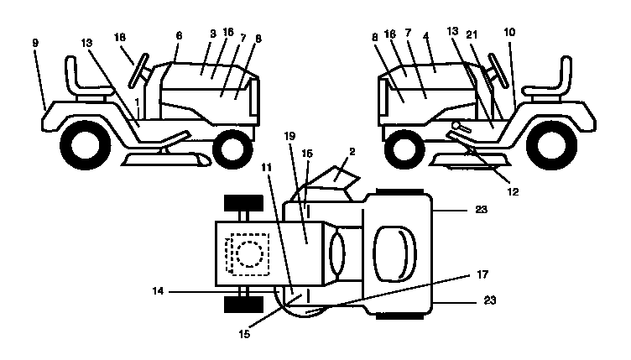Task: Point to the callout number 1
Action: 138,102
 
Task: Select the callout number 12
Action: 513,191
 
